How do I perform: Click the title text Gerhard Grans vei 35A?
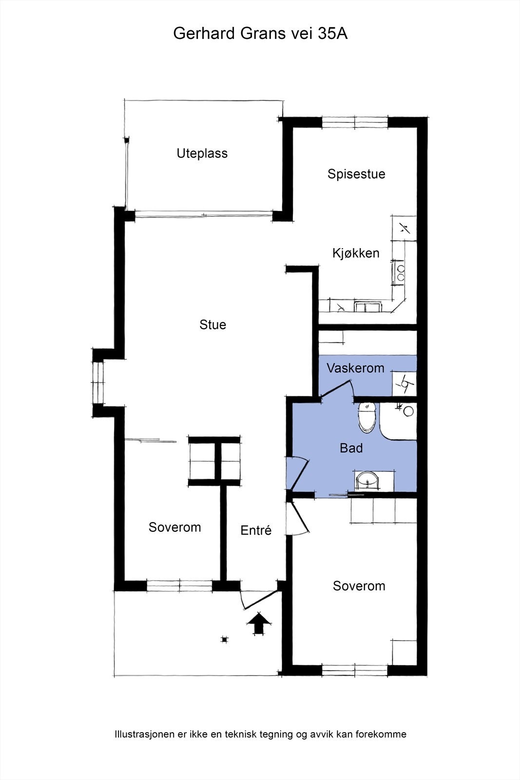click(x=260, y=34)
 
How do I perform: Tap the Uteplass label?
click(x=202, y=154)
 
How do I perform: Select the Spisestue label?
click(x=356, y=174)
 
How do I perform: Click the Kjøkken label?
click(x=356, y=253)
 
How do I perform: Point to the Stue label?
click(x=212, y=325)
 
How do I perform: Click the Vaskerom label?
click(x=355, y=368)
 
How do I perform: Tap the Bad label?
click(x=351, y=448)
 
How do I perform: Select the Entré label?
click(x=256, y=530)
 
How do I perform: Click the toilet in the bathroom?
click(x=366, y=417)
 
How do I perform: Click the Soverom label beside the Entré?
click(x=174, y=527)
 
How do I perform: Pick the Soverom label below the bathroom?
click(x=359, y=586)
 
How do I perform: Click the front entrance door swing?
click(x=258, y=600)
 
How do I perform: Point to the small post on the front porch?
click(x=224, y=640)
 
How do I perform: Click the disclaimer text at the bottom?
click(x=260, y=734)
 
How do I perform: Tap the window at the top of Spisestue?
click(x=355, y=122)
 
